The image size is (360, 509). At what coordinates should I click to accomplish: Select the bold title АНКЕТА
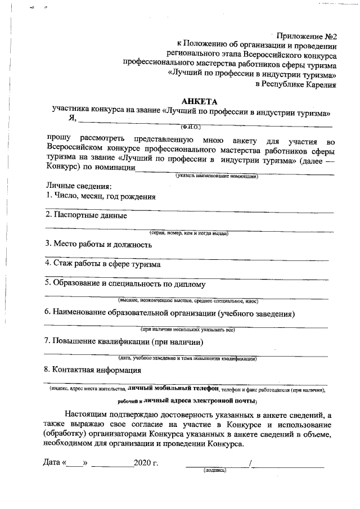pyautogui.click(x=199, y=101)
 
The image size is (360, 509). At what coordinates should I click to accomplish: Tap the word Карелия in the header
pyautogui.click(x=320, y=84)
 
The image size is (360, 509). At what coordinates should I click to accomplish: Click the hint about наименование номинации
pyautogui.click(x=217, y=176)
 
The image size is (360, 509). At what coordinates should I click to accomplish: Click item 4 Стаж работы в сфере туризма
pyautogui.click(x=103, y=264)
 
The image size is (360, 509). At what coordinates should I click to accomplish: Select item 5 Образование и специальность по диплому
pyautogui.click(x=125, y=283)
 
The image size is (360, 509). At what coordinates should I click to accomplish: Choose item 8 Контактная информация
pyautogui.click(x=93, y=370)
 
